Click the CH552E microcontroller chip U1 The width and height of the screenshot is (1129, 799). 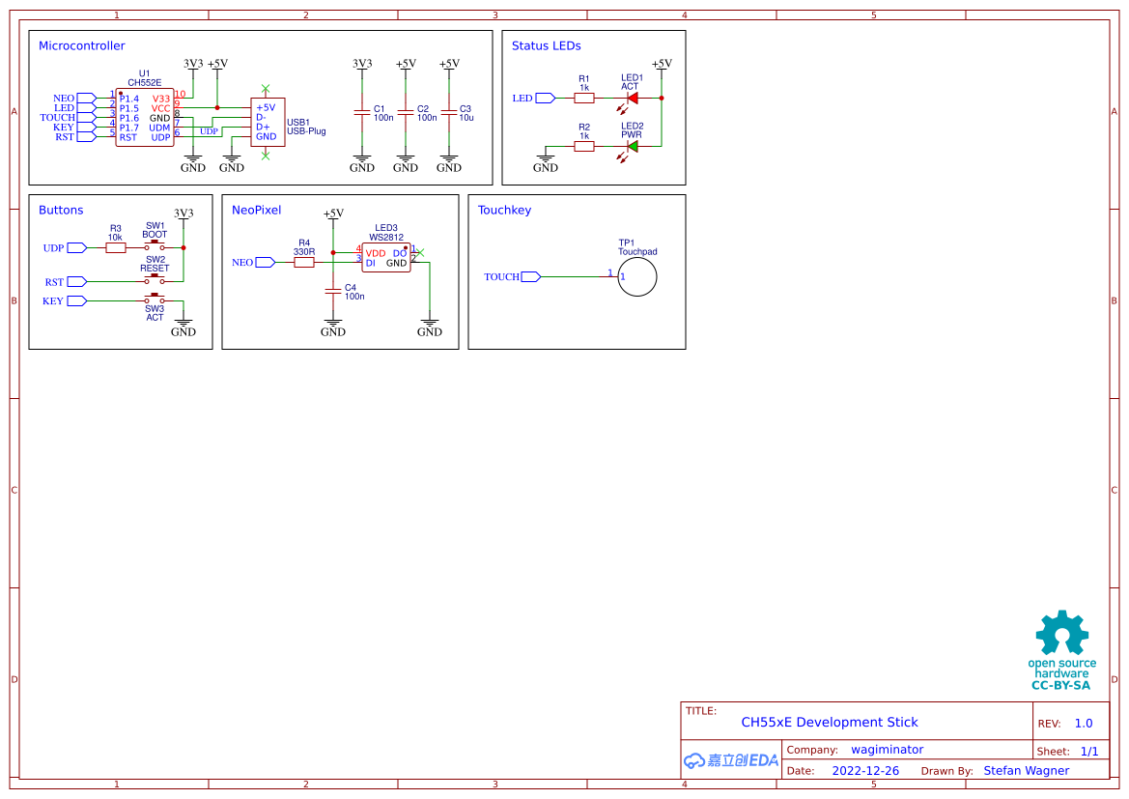pyautogui.click(x=145, y=118)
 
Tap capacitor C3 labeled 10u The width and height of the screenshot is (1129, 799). pyautogui.click(x=449, y=113)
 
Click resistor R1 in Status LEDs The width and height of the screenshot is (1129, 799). pyautogui.click(x=583, y=98)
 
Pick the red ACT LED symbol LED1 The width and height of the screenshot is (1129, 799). pyautogui.click(x=633, y=98)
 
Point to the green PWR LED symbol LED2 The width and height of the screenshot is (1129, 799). pyautogui.click(x=633, y=147)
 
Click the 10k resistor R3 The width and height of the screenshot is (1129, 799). pyautogui.click(x=116, y=248)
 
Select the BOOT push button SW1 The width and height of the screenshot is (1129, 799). pyautogui.click(x=155, y=245)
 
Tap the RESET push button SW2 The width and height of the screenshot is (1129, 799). pyautogui.click(x=155, y=278)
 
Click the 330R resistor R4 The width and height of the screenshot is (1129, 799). pyautogui.click(x=304, y=262)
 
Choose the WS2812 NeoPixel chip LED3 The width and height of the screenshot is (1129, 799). pyautogui.click(x=385, y=257)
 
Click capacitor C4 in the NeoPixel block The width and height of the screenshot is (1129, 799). pyautogui.click(x=333, y=291)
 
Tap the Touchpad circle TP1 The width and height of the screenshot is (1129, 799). pyautogui.click(x=637, y=277)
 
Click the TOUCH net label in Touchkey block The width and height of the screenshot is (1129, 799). pyautogui.click(x=502, y=277)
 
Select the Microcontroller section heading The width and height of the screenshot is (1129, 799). pyautogui.click(x=82, y=45)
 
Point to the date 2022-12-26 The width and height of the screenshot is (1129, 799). pyautogui.click(x=865, y=771)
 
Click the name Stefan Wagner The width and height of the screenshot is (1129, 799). pyautogui.click(x=1026, y=771)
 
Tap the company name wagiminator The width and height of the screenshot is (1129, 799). pyautogui.click(x=887, y=750)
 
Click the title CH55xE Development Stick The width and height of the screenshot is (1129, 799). pyautogui.click(x=829, y=722)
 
